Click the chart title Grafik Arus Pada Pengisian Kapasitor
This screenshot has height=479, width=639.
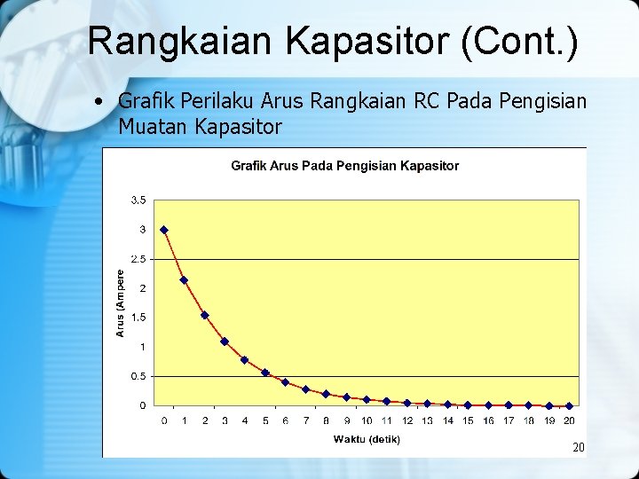click(344, 166)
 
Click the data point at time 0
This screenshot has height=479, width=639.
click(164, 230)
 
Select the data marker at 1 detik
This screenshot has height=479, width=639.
click(184, 280)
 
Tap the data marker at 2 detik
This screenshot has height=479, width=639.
click(204, 315)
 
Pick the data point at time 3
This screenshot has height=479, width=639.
click(225, 342)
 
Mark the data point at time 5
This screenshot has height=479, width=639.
click(265, 373)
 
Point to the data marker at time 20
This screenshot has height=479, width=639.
click(569, 405)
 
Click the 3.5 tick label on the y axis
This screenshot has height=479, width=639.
click(139, 200)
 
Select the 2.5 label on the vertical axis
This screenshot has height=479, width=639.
click(139, 259)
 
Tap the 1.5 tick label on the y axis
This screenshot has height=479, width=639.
click(139, 318)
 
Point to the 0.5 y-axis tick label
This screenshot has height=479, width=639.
click(139, 376)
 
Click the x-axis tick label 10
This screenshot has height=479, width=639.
click(367, 420)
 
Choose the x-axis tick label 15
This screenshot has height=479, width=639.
click(468, 420)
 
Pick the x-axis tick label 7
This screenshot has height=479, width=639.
click(306, 420)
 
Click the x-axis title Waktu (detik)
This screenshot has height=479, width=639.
click(367, 439)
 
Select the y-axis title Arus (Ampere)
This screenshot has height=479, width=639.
click(121, 302)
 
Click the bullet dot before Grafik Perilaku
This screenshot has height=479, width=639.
click(103, 102)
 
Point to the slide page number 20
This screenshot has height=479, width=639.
click(579, 448)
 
